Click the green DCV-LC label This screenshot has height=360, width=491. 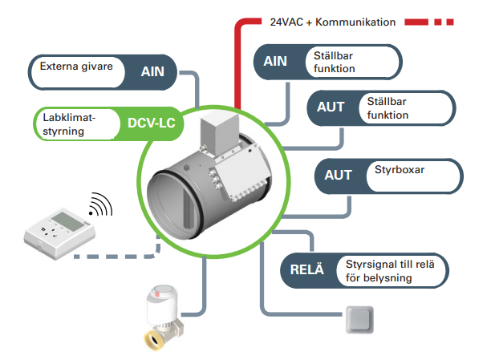(151, 123)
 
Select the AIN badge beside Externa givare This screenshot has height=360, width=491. (152, 71)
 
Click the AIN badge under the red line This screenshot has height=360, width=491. (275, 62)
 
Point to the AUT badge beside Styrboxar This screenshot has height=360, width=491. (338, 175)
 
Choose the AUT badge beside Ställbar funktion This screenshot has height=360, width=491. (330, 106)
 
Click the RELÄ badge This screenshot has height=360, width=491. (306, 269)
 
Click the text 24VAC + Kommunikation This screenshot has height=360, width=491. (333, 22)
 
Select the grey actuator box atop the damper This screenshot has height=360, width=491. (221, 133)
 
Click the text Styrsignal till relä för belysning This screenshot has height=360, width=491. (389, 271)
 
